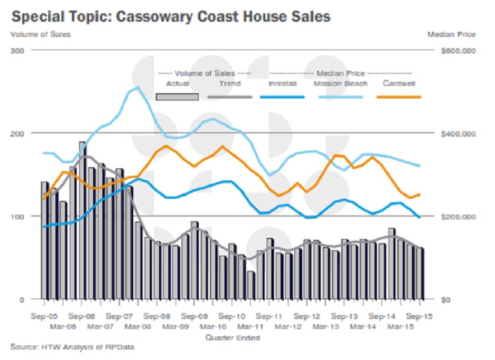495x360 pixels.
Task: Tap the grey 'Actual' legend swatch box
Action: coord(177,96)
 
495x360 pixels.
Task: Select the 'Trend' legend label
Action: coord(230,84)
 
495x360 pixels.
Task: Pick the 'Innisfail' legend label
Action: coord(282,84)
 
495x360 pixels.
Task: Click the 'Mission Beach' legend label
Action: coord(336,84)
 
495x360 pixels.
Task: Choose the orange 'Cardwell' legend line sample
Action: coord(399,96)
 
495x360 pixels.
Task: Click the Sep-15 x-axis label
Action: coord(420,316)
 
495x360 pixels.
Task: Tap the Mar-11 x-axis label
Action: coord(251,327)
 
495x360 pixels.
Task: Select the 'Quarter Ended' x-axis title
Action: coord(232,338)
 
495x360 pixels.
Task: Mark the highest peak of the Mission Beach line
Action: coord(137,87)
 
